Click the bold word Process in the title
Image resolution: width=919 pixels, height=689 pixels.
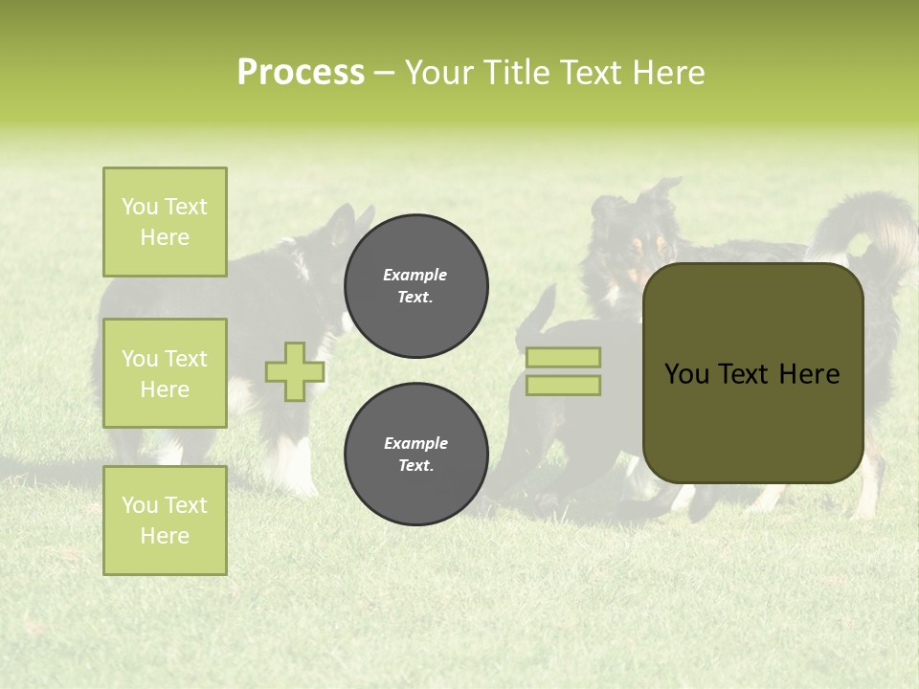pyautogui.click(x=301, y=73)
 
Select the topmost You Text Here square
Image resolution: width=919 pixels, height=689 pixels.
pyautogui.click(x=165, y=222)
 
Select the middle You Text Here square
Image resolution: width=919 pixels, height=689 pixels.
pyautogui.click(x=165, y=373)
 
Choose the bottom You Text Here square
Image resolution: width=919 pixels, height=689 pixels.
pyautogui.click(x=165, y=521)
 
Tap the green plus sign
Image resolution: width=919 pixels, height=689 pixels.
pyautogui.click(x=295, y=371)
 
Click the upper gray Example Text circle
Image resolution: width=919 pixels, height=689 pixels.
pyautogui.click(x=415, y=286)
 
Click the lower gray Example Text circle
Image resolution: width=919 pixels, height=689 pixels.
pyautogui.click(x=415, y=455)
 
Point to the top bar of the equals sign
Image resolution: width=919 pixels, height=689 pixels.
pyautogui.click(x=564, y=357)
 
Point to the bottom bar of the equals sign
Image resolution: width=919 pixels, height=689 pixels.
pyautogui.click(x=564, y=386)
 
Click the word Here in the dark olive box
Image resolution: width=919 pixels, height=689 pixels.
pyautogui.click(x=809, y=374)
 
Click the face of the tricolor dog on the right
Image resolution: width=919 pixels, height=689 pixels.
pyautogui.click(x=627, y=251)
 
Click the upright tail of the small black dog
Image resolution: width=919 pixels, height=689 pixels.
pyautogui.click(x=541, y=311)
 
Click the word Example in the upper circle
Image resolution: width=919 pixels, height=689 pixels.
pyautogui.click(x=415, y=275)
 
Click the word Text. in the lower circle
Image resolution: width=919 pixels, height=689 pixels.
pyautogui.click(x=415, y=466)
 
